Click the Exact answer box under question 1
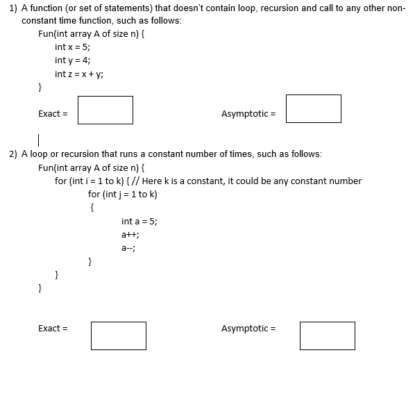click(x=105, y=110)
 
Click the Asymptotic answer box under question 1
click(x=314, y=109)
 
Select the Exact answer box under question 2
click(x=118, y=335)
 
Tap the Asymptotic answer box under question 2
click(x=328, y=335)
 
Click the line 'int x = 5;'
click(x=72, y=47)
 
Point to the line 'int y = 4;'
click(x=72, y=60)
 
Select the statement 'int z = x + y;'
click(x=79, y=74)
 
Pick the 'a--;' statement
click(x=128, y=247)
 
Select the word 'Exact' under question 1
click(x=50, y=113)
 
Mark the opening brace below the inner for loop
click(x=90, y=207)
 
